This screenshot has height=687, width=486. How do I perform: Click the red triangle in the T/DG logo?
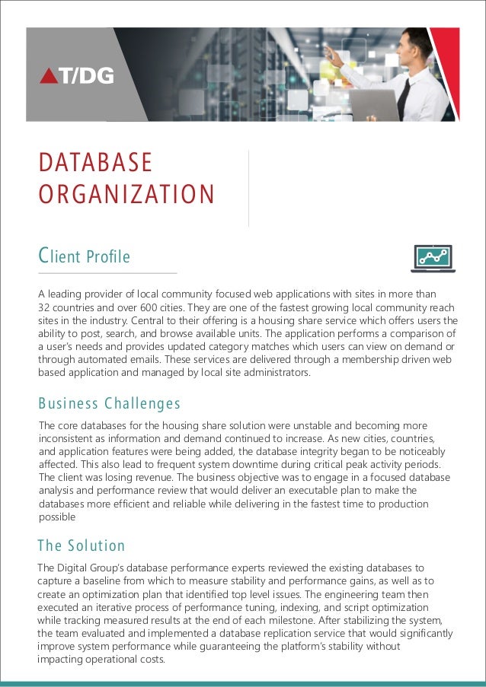(x=49, y=75)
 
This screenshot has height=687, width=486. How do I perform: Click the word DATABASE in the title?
(x=95, y=163)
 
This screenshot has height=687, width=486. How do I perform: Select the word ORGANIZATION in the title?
(x=126, y=195)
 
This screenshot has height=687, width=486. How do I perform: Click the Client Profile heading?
(x=85, y=256)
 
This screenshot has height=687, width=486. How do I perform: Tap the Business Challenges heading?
(x=109, y=402)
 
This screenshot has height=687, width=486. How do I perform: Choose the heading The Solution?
(x=81, y=545)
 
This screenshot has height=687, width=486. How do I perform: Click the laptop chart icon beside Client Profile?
(x=433, y=259)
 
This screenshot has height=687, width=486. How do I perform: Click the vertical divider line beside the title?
(x=249, y=187)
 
